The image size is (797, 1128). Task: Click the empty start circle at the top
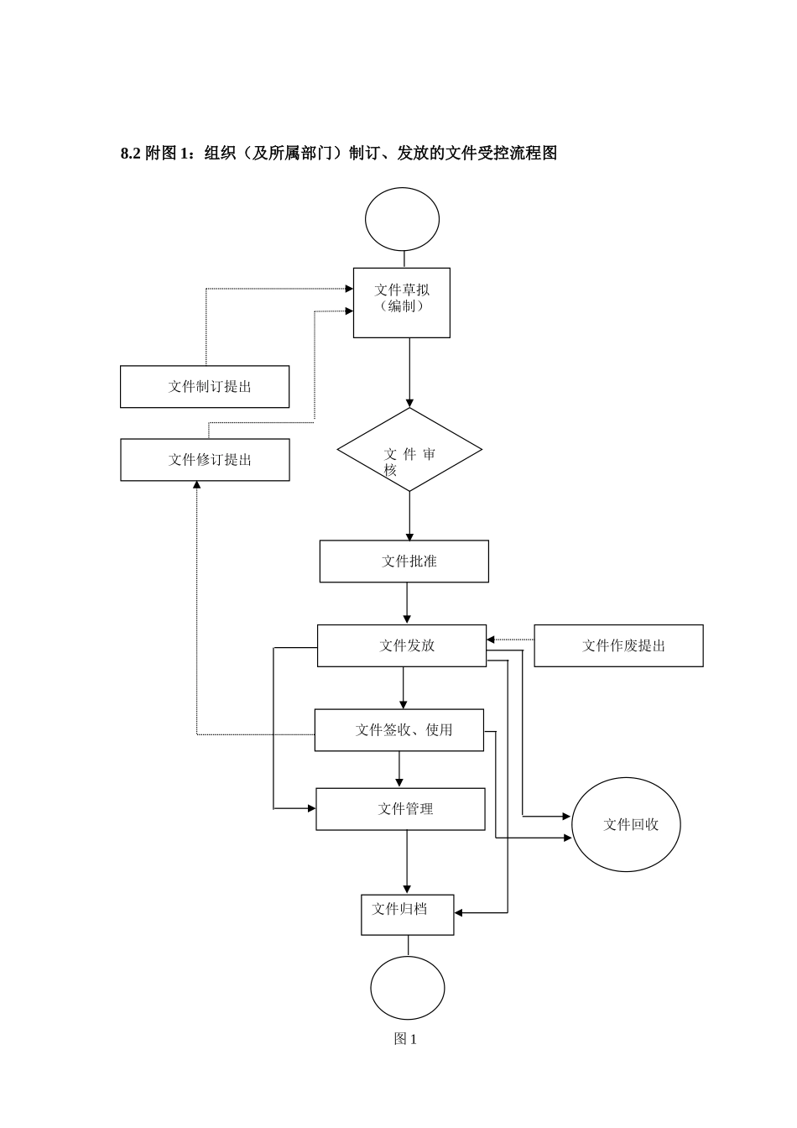402,219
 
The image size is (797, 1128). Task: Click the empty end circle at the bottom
407,988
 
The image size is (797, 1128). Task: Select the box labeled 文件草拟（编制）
401,302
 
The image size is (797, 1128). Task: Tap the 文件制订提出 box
205,387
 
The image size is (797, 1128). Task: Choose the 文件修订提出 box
205,460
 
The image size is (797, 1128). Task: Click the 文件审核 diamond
409,450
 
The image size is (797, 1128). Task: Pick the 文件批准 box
404,561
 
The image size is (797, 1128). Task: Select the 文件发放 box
401,645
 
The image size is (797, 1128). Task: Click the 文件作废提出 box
618,645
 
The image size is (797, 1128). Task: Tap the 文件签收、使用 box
398,729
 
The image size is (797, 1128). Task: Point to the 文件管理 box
400,809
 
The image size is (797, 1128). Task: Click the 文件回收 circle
626,825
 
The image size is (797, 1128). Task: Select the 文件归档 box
407,914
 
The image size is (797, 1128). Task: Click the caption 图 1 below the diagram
405,1039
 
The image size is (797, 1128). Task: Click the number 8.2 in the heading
130,153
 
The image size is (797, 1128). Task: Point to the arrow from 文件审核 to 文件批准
409,515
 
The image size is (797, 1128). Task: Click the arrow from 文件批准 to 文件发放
407,603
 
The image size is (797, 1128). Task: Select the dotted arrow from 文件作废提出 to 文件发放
510,640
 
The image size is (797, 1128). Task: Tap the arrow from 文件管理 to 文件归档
407,862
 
